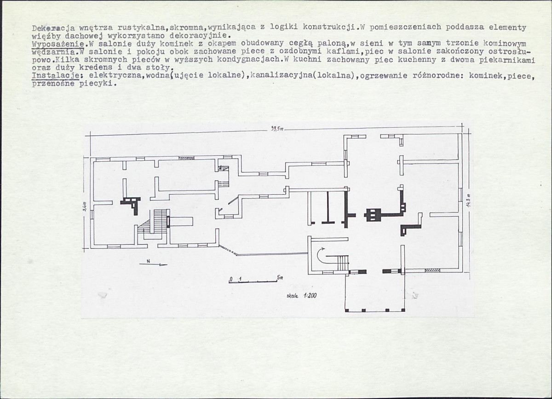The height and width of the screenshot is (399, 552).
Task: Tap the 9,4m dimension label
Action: pyautogui.click(x=85, y=207)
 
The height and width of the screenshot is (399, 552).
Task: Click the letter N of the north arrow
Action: pyautogui.click(x=148, y=261)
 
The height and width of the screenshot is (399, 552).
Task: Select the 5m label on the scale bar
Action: pyautogui.click(x=280, y=277)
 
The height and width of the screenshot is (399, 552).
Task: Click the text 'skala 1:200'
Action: pyautogui.click(x=301, y=295)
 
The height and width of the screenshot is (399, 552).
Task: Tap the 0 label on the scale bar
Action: pyautogui.click(x=231, y=279)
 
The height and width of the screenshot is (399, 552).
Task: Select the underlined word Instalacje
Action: pyautogui.click(x=56, y=75)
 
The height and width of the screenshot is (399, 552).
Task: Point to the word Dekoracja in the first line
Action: pyautogui.click(x=53, y=28)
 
